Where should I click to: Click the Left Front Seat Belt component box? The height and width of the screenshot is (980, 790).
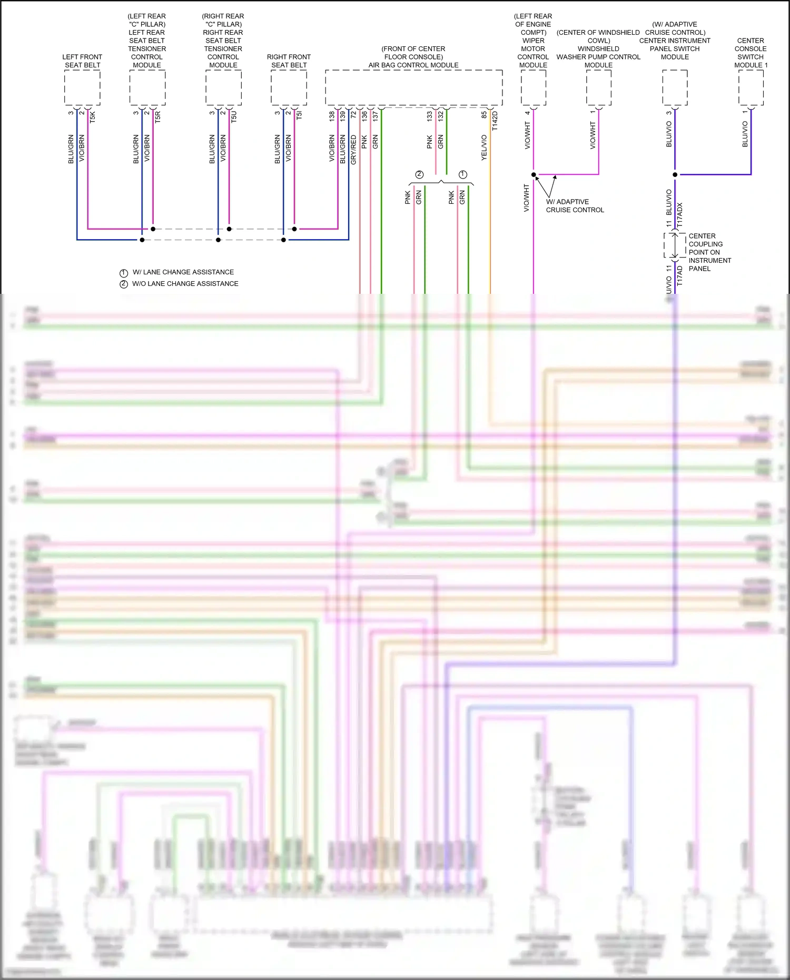[82, 87]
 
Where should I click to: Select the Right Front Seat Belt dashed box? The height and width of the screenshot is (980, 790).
[289, 87]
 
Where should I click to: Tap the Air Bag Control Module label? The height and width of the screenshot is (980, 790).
[413, 65]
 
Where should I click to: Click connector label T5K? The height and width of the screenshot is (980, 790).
[93, 117]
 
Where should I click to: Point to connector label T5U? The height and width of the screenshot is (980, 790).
[234, 117]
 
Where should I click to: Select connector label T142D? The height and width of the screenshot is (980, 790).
[495, 121]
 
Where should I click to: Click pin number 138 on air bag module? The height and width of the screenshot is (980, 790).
[332, 116]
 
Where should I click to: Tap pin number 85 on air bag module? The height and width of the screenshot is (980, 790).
[484, 114]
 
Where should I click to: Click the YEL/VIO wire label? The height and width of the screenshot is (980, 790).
[484, 148]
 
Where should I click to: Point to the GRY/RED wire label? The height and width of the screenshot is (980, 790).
[353, 150]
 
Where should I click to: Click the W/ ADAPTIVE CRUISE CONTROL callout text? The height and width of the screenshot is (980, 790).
[575, 206]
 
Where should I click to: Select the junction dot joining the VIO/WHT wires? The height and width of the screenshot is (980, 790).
[534, 175]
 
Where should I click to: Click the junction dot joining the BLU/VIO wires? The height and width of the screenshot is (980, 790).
[675, 175]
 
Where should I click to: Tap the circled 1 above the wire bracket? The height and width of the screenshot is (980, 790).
[463, 174]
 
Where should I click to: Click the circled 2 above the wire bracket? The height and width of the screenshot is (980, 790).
[419, 174]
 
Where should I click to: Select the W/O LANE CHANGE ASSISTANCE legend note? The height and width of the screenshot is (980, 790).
[185, 284]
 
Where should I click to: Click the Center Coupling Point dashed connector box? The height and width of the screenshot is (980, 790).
[675, 245]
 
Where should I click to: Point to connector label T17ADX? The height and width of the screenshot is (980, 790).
[679, 215]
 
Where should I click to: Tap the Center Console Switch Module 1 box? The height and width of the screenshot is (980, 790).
[750, 87]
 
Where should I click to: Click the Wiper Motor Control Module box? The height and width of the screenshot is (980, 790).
[533, 87]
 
